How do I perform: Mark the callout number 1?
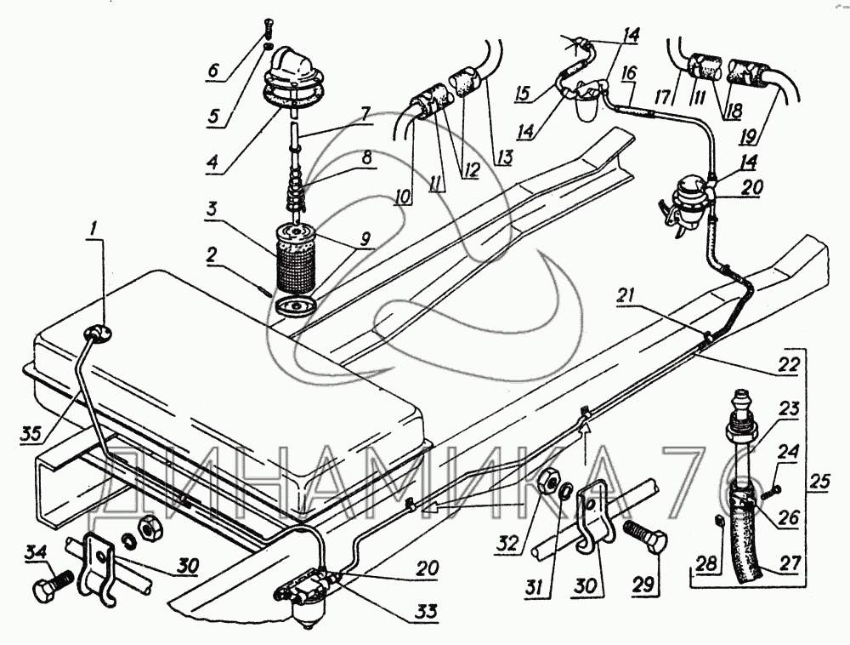pos(94,230)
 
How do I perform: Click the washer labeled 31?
pos(565,491)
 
